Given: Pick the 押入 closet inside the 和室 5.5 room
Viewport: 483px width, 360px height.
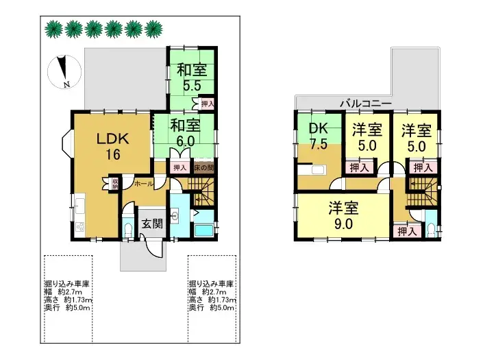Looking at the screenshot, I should (x=208, y=104).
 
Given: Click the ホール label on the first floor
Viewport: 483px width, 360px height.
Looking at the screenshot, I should (x=143, y=184).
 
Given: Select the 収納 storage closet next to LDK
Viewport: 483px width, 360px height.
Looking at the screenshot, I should (x=115, y=183).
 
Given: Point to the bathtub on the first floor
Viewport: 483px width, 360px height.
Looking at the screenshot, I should (x=203, y=228).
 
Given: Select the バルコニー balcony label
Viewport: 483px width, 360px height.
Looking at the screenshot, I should (x=367, y=103).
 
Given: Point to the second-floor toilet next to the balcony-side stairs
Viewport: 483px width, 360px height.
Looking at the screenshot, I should (x=429, y=228).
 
